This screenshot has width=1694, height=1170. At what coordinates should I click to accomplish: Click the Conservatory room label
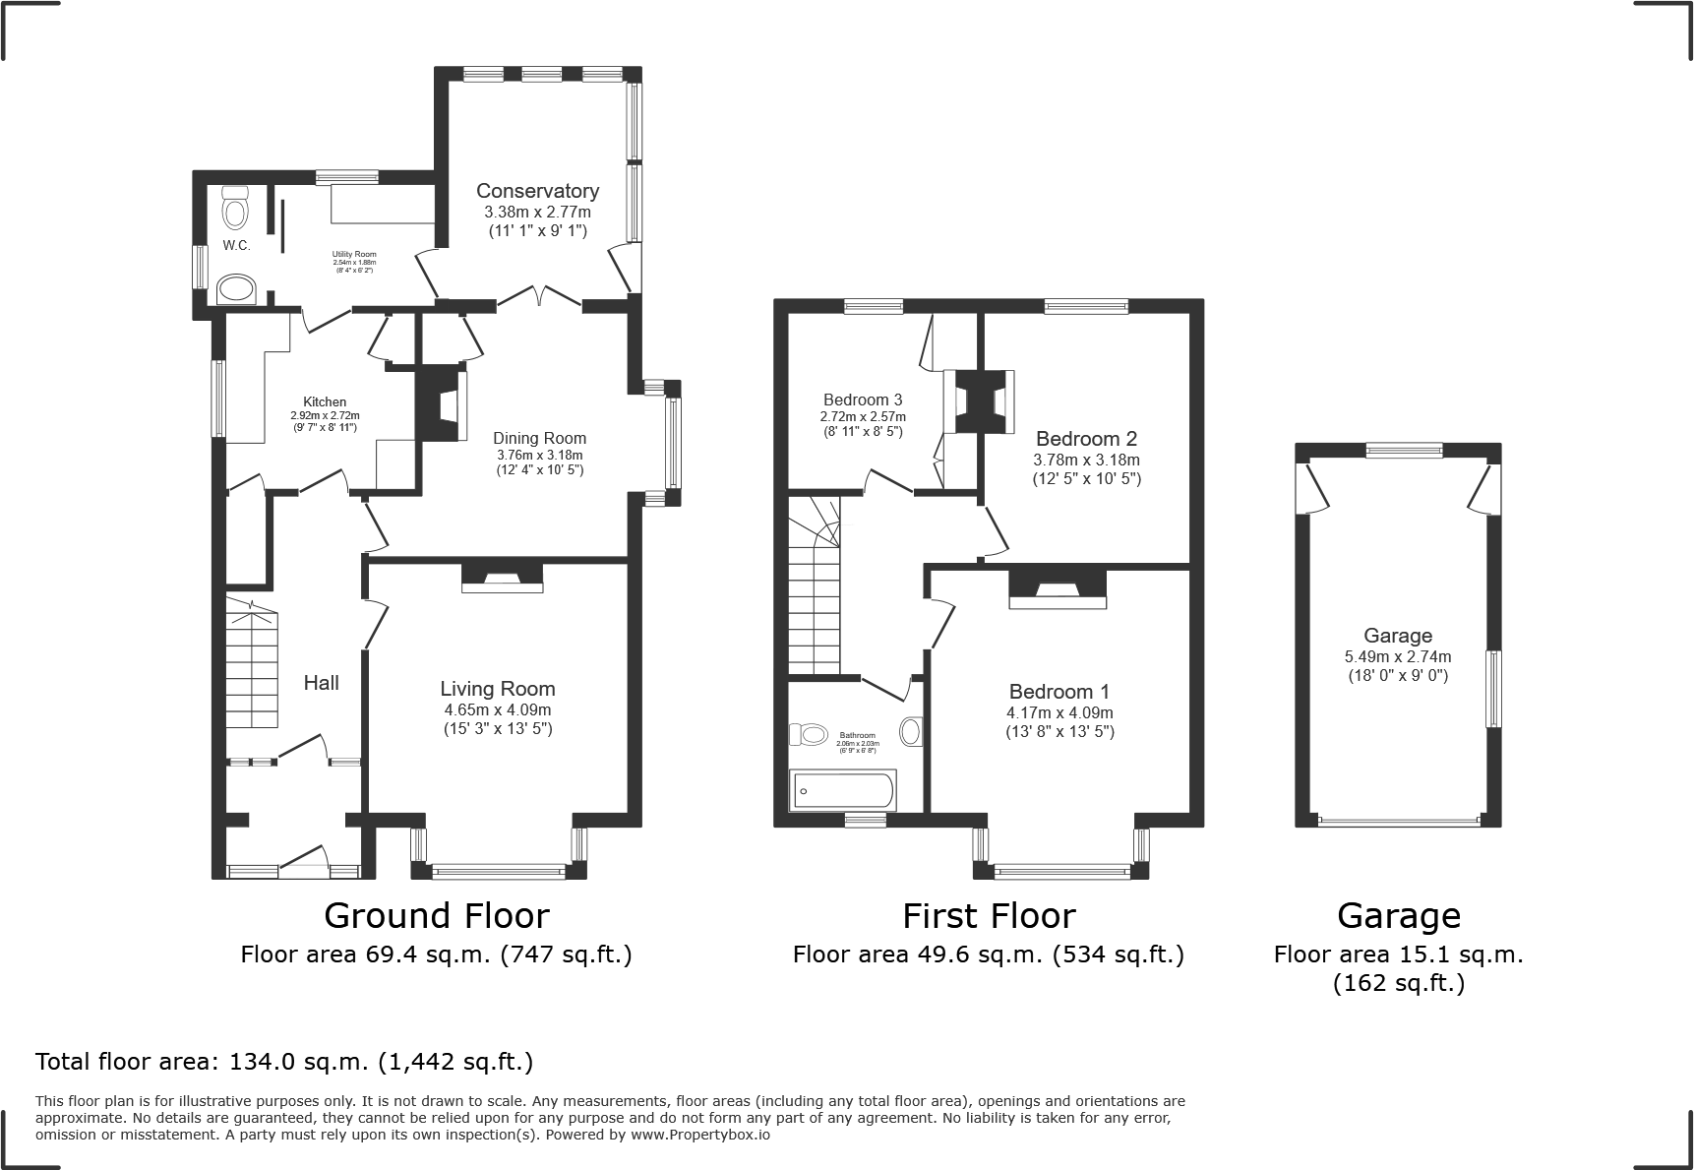click(537, 191)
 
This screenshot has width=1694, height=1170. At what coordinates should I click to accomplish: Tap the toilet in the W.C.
click(235, 210)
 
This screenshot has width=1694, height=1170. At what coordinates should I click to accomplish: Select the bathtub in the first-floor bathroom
click(843, 790)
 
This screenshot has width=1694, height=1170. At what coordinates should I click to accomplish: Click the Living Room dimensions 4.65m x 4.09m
click(497, 709)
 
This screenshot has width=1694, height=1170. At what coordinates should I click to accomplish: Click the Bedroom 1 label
click(1059, 692)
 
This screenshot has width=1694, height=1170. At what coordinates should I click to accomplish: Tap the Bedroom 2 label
click(1086, 439)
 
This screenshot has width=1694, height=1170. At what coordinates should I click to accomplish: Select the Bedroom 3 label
click(863, 400)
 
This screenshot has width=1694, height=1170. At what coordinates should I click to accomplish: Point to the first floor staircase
click(815, 600)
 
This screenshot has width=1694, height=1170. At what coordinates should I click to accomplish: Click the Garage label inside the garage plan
click(1397, 636)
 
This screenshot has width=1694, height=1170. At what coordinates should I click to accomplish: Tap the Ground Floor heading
click(436, 916)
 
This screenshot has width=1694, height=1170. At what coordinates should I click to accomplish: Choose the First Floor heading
click(989, 916)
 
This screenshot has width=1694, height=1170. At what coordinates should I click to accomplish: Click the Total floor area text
click(284, 1062)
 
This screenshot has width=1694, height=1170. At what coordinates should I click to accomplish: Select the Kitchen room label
click(325, 401)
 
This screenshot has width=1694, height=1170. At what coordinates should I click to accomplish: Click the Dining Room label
click(539, 439)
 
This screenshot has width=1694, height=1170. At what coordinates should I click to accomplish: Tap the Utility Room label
click(353, 254)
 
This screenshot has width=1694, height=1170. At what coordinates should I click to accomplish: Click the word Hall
click(321, 683)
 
